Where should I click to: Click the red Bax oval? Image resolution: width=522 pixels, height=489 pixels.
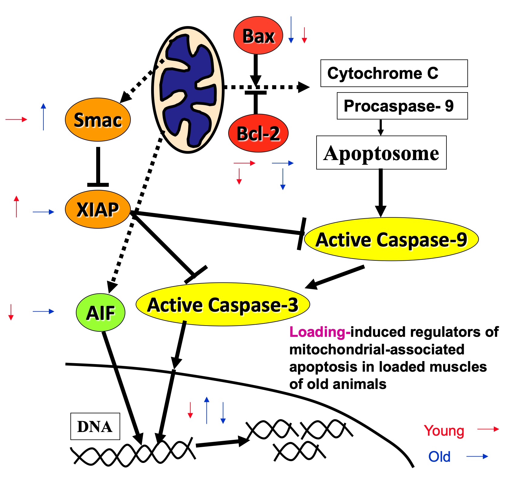pyautogui.click(x=258, y=36)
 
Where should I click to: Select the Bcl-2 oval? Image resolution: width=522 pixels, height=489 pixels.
pyautogui.click(x=258, y=133)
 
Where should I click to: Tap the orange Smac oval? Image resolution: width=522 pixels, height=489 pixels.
pyautogui.click(x=98, y=120)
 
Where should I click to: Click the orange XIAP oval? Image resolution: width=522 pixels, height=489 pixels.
pyautogui.click(x=98, y=209)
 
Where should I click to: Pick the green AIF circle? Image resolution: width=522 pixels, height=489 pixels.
pyautogui.click(x=100, y=313)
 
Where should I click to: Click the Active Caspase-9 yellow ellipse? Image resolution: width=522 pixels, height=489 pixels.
pyautogui.click(x=391, y=239)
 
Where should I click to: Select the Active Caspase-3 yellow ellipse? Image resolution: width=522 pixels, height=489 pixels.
pyautogui.click(x=222, y=304)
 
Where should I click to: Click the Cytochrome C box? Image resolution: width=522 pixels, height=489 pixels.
pyautogui.click(x=394, y=73)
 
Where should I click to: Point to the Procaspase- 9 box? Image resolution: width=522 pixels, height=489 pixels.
pyautogui.click(x=402, y=106)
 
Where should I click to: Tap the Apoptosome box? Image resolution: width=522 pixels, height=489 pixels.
pyautogui.click(x=381, y=152)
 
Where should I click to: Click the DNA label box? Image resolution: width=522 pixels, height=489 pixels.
pyautogui.click(x=95, y=426)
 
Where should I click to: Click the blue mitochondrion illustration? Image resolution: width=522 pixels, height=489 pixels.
pyautogui.click(x=188, y=90)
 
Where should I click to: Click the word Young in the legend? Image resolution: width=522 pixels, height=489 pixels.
pyautogui.click(x=444, y=430)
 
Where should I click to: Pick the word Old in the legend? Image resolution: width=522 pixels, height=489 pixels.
pyautogui.click(x=439, y=457)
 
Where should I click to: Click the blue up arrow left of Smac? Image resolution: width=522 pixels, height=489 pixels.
pyautogui.click(x=43, y=117)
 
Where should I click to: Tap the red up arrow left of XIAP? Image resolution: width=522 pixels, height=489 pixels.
pyautogui.click(x=16, y=206)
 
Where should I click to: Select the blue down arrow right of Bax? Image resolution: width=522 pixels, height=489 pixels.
pyautogui.click(x=291, y=30)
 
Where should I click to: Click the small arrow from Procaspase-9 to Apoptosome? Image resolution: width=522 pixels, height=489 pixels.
pyautogui.click(x=381, y=127)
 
